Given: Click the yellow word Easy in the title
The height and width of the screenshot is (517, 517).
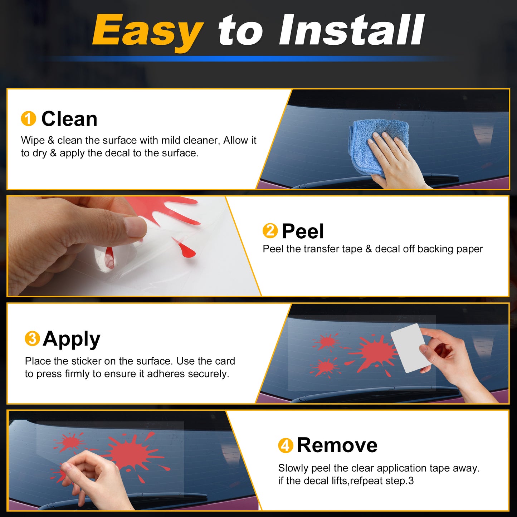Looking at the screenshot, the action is click(147, 31).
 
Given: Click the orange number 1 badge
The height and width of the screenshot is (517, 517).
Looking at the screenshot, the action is click(28, 118).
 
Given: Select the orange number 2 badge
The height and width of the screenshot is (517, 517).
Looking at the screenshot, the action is click(270, 230).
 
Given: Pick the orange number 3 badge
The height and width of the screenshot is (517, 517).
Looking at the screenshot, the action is click(33, 338).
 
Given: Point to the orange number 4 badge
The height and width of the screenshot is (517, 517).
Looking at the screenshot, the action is click(286, 445).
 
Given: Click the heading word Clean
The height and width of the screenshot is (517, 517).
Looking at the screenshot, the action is click(69, 119).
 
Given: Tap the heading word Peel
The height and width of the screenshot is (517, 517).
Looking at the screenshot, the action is click(303, 231).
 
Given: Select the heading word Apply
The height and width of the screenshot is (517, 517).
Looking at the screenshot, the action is click(72, 340).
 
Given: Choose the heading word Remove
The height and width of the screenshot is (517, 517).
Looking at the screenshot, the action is click(337, 445).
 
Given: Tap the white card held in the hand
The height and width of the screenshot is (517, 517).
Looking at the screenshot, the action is click(408, 348).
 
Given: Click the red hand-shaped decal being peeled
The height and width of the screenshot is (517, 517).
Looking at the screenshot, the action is click(172, 212).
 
